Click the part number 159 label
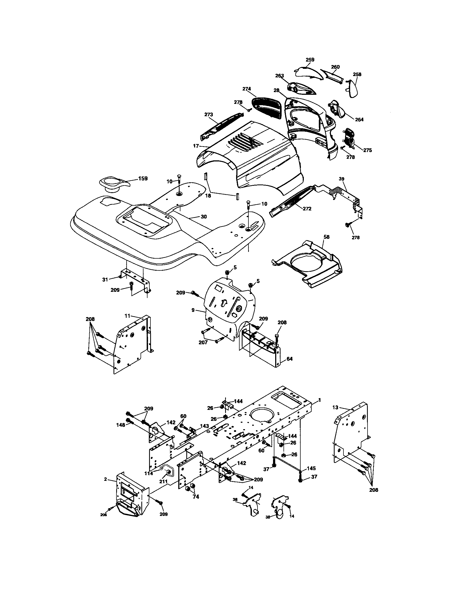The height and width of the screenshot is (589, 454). (143, 179)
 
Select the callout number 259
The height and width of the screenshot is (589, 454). (310, 60)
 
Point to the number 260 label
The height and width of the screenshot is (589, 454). (335, 67)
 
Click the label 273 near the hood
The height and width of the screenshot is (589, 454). (209, 114)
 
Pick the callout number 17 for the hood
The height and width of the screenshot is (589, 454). (196, 146)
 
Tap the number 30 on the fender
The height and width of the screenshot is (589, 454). (204, 217)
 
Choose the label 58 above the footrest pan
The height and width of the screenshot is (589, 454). (327, 237)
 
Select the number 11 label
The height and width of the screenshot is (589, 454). (127, 315)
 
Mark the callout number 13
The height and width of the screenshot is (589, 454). (335, 407)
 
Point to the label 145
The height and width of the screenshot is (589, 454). (311, 469)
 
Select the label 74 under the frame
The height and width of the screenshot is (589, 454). (196, 497)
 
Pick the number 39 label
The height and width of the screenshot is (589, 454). (342, 179)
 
